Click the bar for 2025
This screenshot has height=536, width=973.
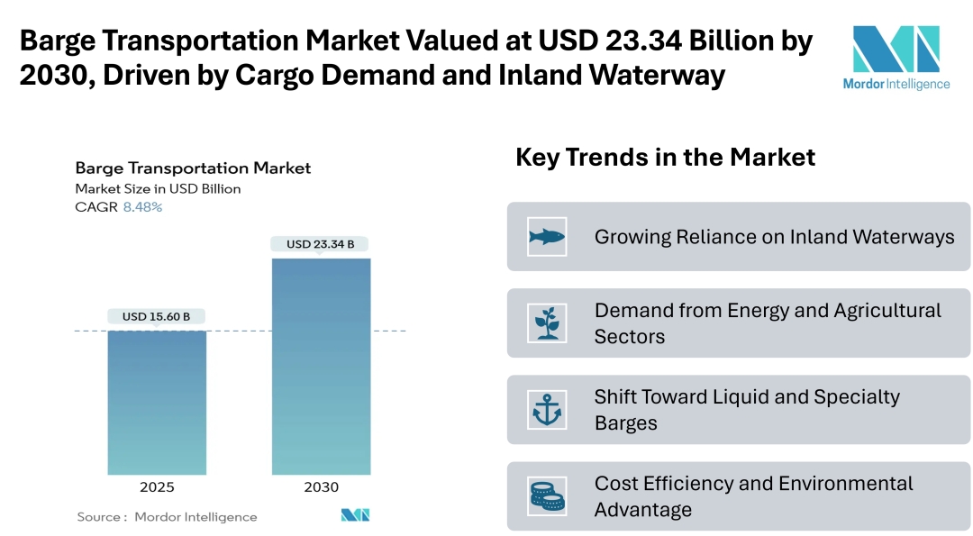(157, 403)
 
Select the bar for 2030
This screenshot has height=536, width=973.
(321, 367)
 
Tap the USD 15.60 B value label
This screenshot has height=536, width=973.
(157, 316)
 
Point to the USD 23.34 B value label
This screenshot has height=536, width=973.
(321, 244)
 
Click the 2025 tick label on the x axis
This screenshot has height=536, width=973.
(157, 487)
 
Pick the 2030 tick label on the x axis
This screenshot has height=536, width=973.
(321, 487)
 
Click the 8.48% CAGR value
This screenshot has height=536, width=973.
(142, 207)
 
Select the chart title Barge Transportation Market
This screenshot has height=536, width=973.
(193, 168)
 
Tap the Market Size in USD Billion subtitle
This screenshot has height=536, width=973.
(158, 189)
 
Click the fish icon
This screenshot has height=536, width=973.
(547, 237)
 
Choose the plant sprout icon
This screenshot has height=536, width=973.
(547, 323)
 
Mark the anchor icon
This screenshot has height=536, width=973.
(547, 410)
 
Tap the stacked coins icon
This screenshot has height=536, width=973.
(547, 496)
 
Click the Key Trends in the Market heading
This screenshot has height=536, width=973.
(665, 158)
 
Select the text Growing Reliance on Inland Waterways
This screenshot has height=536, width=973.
(774, 237)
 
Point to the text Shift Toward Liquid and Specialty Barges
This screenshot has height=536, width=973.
(747, 410)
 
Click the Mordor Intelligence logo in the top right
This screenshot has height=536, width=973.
(896, 57)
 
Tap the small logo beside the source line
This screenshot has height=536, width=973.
(355, 515)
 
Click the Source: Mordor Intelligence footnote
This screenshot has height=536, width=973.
(167, 517)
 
